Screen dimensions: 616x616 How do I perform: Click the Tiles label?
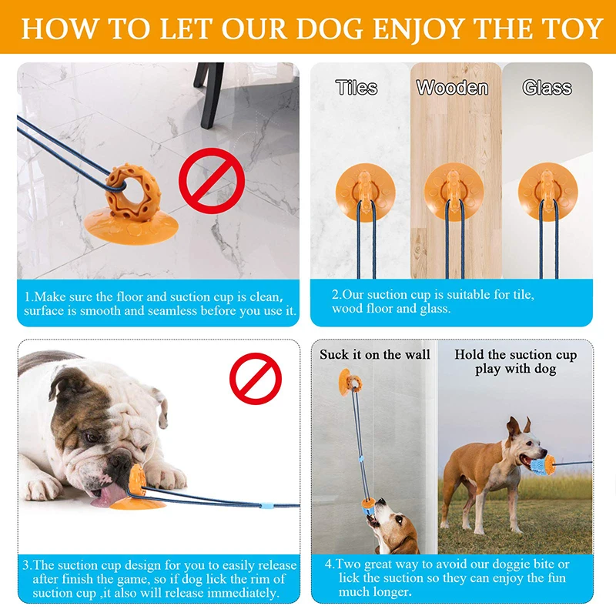pyautogui.click(x=357, y=88)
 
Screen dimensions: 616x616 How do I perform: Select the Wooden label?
pyautogui.click(x=452, y=88)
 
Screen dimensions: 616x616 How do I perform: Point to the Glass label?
pyautogui.click(x=547, y=88)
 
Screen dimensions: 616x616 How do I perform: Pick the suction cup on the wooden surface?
pyautogui.click(x=454, y=191)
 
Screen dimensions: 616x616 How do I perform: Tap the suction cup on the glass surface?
pyautogui.click(x=547, y=191)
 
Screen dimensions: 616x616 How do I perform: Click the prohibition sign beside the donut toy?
pyautogui.click(x=212, y=182)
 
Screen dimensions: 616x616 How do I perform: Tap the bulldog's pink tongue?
pyautogui.click(x=105, y=496)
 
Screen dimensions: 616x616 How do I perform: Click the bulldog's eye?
pyautogui.click(x=92, y=437)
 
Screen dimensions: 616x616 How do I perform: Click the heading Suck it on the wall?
pyautogui.click(x=375, y=355)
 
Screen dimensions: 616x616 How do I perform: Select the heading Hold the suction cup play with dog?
pyautogui.click(x=515, y=362)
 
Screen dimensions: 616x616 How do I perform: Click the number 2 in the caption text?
pyautogui.click(x=336, y=295)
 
